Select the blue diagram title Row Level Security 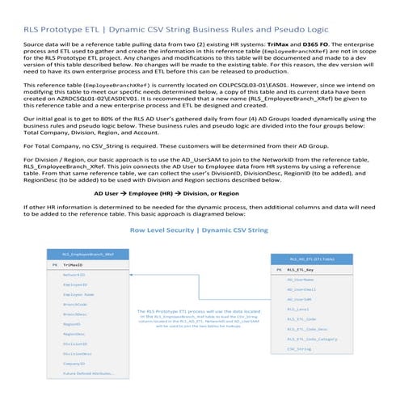(158, 229)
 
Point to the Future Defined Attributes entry (83, 373)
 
